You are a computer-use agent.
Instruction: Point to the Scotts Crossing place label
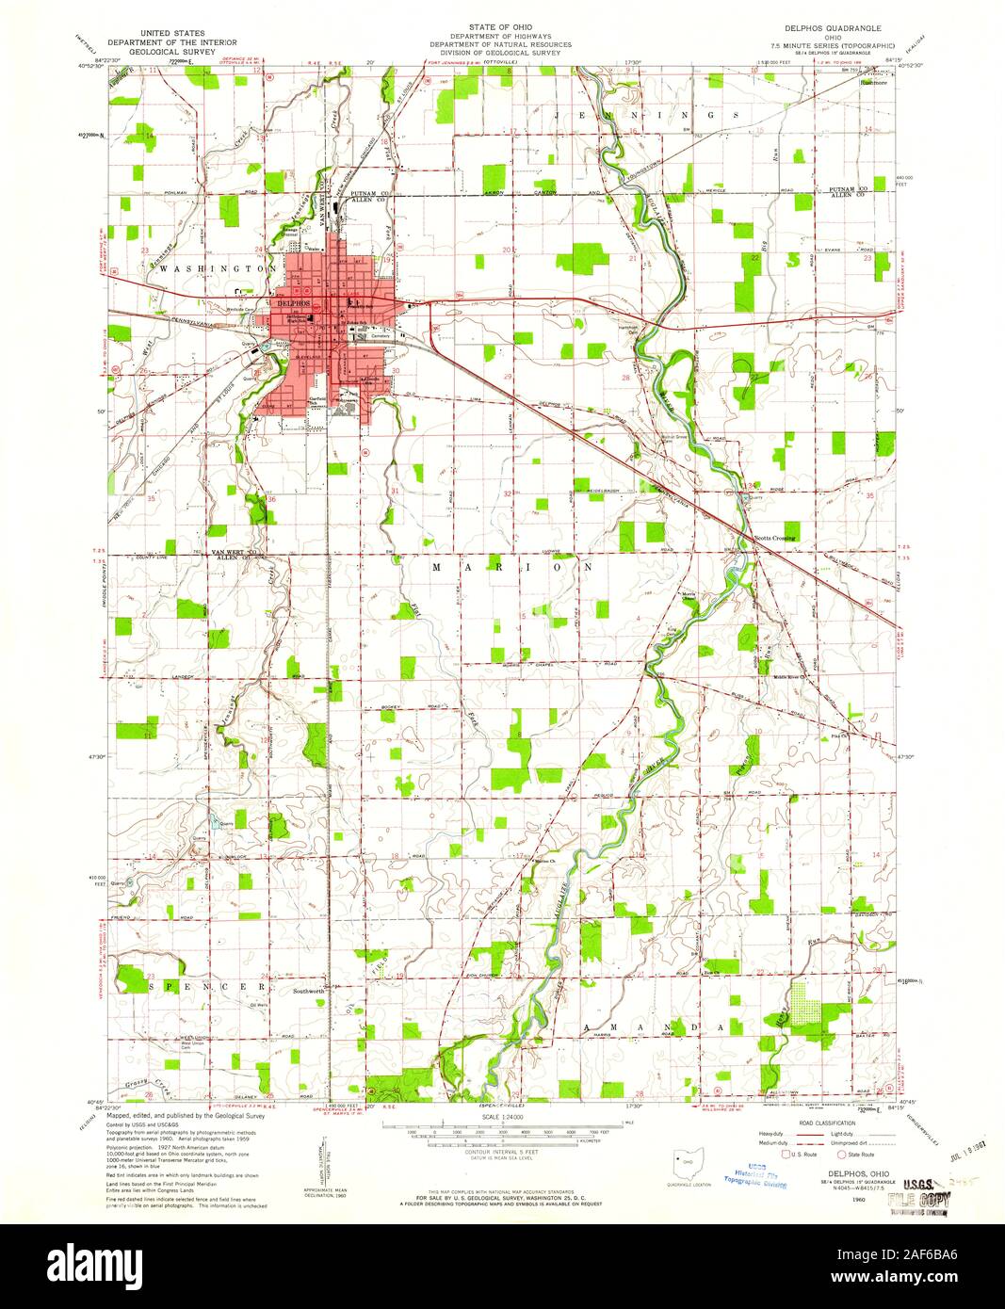775,538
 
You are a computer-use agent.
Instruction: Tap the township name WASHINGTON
205,268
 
